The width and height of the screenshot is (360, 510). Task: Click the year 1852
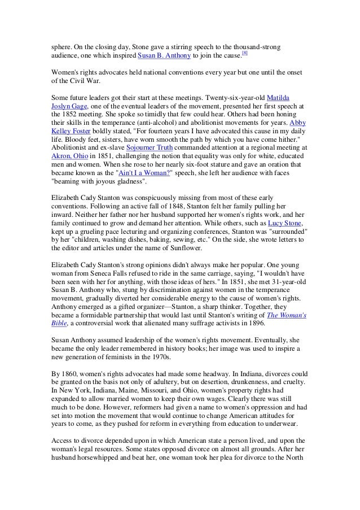click(x=69, y=114)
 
